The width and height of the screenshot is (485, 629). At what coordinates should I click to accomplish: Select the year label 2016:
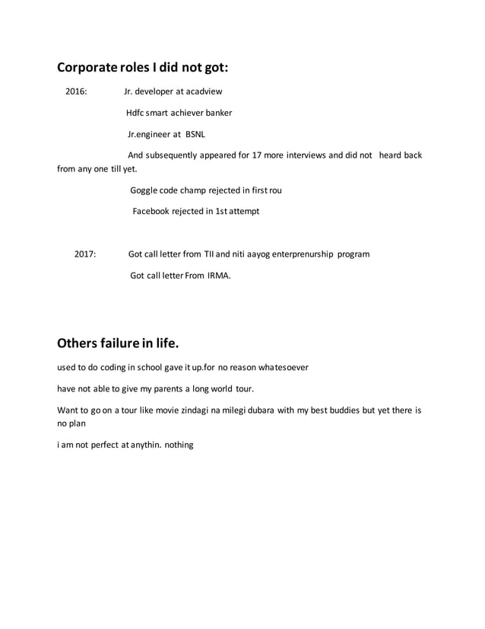pyautogui.click(x=76, y=92)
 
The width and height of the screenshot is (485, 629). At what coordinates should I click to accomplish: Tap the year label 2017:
pyautogui.click(x=85, y=254)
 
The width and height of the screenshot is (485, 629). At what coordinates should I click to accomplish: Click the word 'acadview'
pyautogui.click(x=204, y=92)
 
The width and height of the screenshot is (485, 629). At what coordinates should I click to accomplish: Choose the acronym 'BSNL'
pyautogui.click(x=185, y=134)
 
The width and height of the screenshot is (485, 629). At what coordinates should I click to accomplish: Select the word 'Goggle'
pyautogui.click(x=144, y=190)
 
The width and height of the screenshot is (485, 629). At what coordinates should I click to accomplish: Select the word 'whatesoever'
pyautogui.click(x=281, y=367)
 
